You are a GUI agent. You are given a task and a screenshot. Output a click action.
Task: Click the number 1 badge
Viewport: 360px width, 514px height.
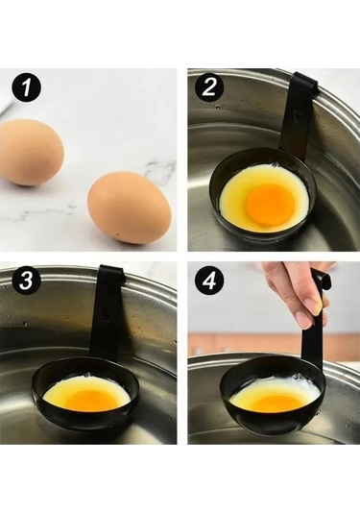(27, 87)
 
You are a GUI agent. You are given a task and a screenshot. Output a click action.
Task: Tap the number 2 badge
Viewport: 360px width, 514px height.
(208, 87)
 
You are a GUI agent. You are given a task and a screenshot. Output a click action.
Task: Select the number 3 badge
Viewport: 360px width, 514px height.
(27, 281)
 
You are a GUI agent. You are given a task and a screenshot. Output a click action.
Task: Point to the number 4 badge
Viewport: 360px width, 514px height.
(208, 281)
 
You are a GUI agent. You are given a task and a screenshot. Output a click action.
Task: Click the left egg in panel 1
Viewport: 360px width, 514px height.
(31, 153)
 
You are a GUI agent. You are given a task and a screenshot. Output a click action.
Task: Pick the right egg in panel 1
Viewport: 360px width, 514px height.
(130, 208)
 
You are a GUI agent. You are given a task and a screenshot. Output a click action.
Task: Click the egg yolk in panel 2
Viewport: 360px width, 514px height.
(271, 205)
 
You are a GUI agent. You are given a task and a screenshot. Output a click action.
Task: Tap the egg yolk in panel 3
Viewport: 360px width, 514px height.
(92, 401)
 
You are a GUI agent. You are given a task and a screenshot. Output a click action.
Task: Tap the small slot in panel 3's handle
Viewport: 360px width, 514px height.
(107, 314)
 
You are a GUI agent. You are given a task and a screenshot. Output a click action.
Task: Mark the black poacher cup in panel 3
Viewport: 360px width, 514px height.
(85, 393)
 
